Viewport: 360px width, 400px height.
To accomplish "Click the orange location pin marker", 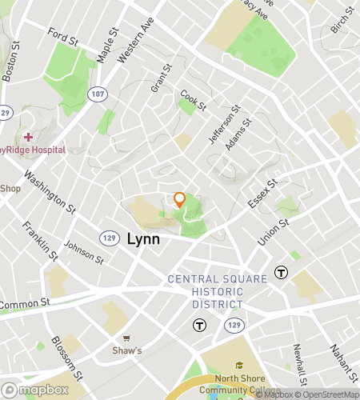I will point(180,199).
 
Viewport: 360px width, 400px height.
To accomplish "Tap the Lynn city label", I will point(143,238).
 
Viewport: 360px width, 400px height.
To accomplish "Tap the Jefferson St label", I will point(224,125).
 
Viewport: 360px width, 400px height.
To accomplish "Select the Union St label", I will point(273,232).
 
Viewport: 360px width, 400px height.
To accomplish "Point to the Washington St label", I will point(49,193).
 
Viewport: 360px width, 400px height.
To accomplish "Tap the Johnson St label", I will point(84,253).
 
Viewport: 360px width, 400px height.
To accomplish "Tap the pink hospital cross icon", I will point(28,138).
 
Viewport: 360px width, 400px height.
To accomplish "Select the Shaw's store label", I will point(126,350).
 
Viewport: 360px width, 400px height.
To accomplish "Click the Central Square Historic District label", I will point(206,291).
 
